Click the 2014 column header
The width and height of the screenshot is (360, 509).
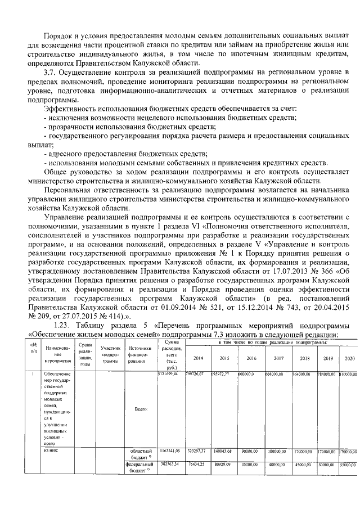[199, 358]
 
